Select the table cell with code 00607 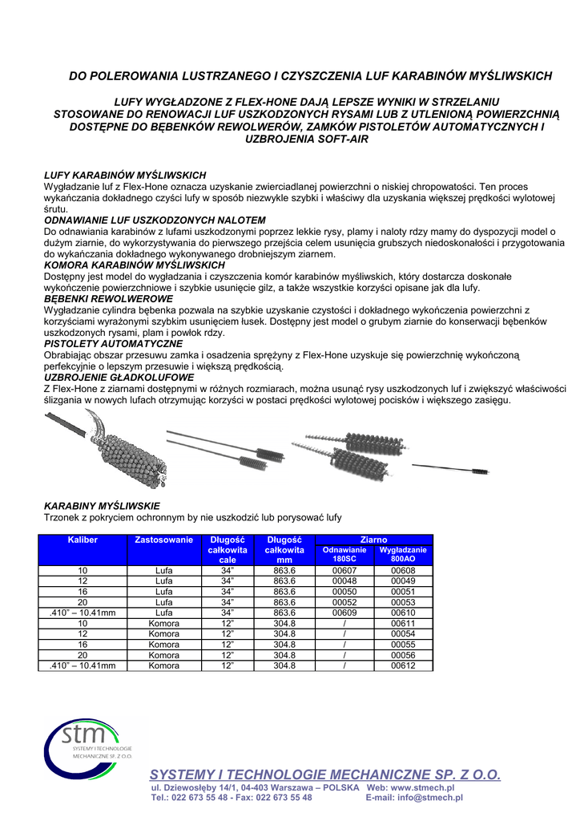[x=344, y=570]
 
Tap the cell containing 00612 [x=403, y=665]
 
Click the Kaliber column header [x=83, y=540]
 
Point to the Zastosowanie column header [x=164, y=540]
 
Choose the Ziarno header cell [x=374, y=540]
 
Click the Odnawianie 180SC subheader [x=344, y=554]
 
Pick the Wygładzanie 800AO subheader [x=403, y=554]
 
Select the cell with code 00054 [x=403, y=633]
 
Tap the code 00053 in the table [x=403, y=601]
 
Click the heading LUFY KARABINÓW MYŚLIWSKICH [x=124, y=175]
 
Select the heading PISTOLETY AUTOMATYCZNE [x=113, y=343]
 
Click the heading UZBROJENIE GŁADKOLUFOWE [x=119, y=377]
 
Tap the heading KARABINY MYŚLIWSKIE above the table [x=101, y=506]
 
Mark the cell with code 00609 [x=344, y=612]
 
